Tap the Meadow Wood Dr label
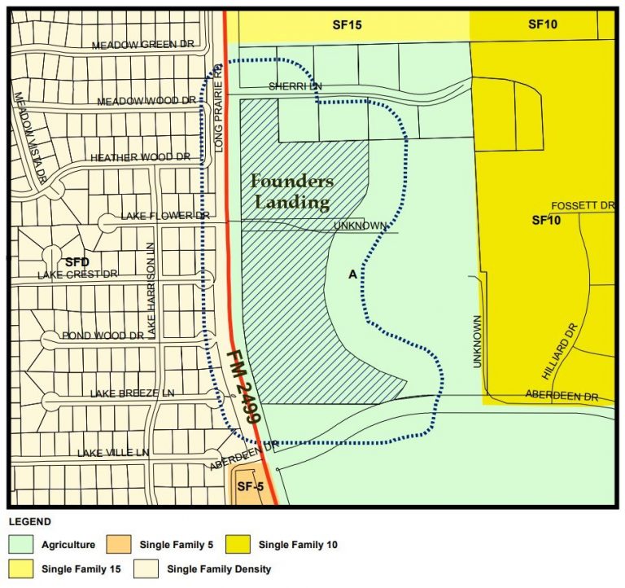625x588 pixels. [146, 101]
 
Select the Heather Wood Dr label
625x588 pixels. [140, 157]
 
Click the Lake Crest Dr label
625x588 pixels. [77, 274]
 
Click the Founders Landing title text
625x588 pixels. [291, 191]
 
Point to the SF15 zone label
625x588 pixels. [347, 25]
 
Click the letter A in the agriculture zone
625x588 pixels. [352, 275]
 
